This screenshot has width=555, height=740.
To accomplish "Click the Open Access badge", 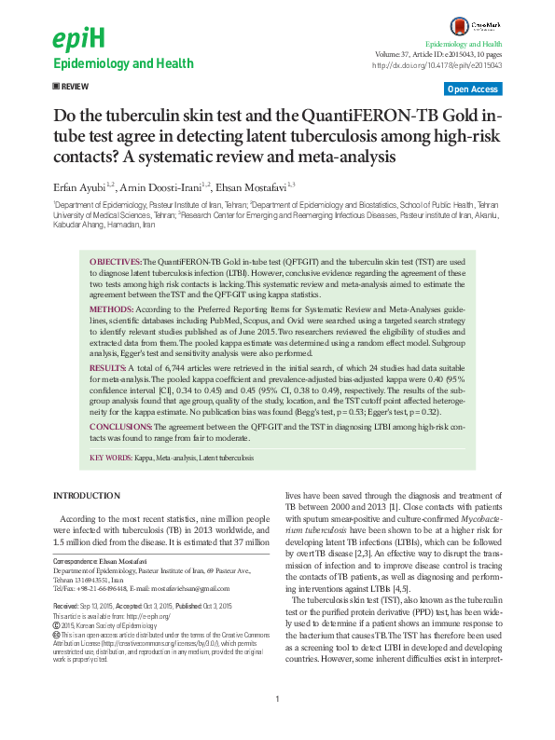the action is (472, 89).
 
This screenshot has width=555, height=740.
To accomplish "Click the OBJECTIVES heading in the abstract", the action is (116, 263).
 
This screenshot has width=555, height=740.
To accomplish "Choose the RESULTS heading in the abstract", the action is (107, 370).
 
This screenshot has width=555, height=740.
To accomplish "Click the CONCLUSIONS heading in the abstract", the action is (121, 425).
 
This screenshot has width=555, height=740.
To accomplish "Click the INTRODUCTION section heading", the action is (92, 494).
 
